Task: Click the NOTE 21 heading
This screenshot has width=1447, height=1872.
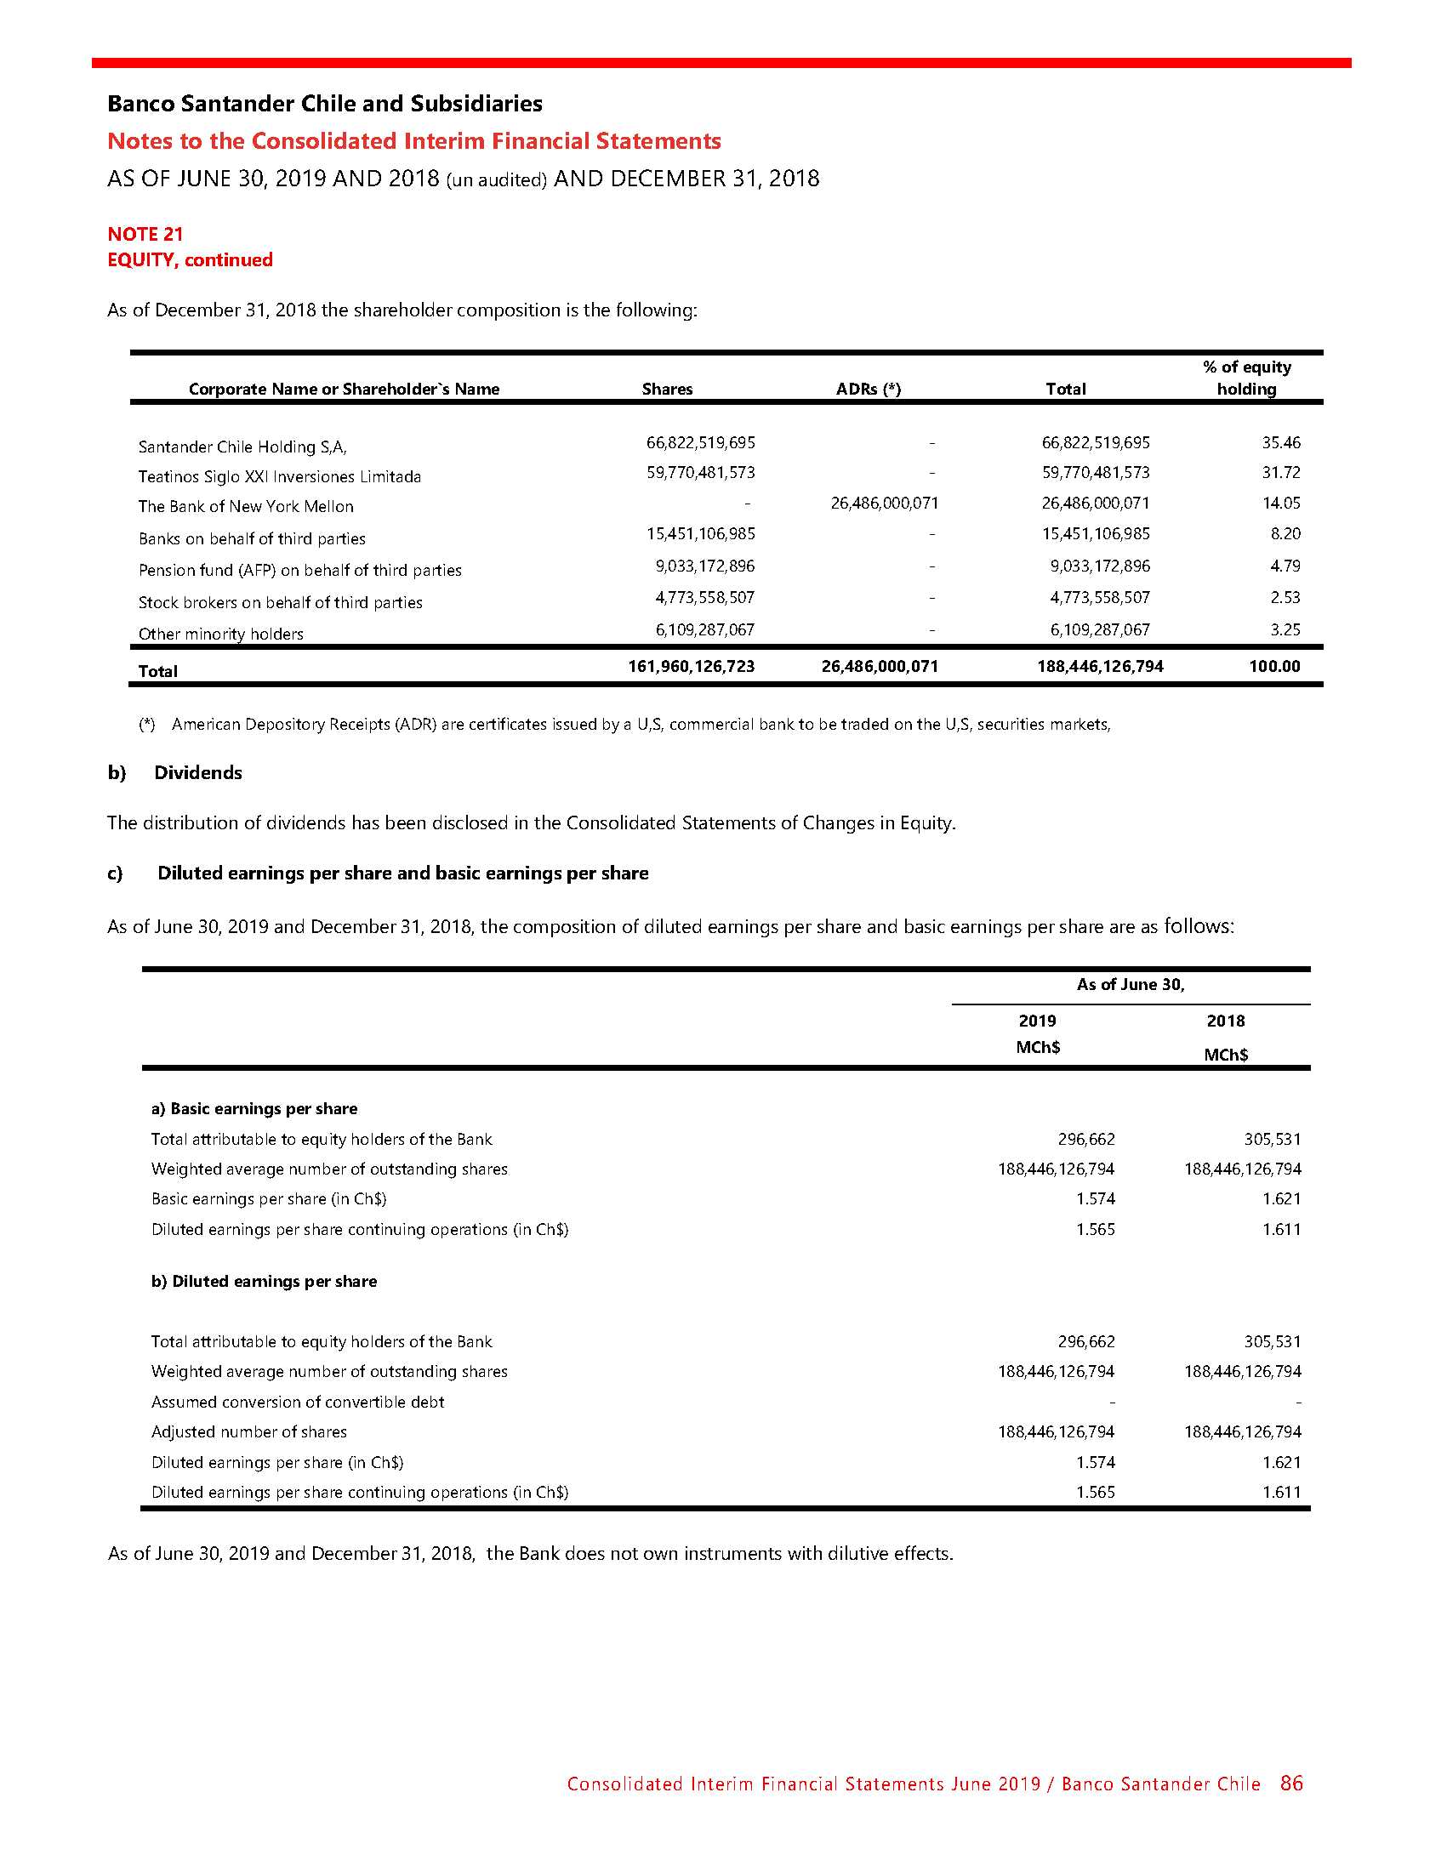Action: click(145, 234)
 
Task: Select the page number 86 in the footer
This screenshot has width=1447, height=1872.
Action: click(1291, 1783)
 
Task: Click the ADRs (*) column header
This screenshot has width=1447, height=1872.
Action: click(869, 389)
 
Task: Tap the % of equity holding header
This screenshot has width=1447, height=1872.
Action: click(1246, 378)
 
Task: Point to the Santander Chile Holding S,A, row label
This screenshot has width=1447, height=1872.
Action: click(242, 447)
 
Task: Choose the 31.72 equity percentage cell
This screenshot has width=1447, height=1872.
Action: click(1281, 472)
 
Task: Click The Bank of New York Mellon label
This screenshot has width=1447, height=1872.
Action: click(246, 506)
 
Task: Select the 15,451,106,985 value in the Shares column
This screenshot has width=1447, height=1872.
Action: click(700, 533)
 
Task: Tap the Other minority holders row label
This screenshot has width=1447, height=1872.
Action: click(221, 634)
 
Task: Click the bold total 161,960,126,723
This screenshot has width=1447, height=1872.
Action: click(691, 666)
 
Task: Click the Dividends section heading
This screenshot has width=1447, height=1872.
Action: click(198, 772)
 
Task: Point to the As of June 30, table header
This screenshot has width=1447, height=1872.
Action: click(1130, 984)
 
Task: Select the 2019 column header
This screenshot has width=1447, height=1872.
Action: click(1037, 1020)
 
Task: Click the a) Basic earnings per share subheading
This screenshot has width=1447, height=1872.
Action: click(254, 1108)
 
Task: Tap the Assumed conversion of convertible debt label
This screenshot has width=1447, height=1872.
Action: click(298, 1402)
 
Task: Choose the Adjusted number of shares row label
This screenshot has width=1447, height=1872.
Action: click(248, 1431)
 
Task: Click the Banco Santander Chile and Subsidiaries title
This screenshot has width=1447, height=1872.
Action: click(325, 104)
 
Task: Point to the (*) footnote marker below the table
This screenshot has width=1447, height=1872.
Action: click(147, 725)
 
